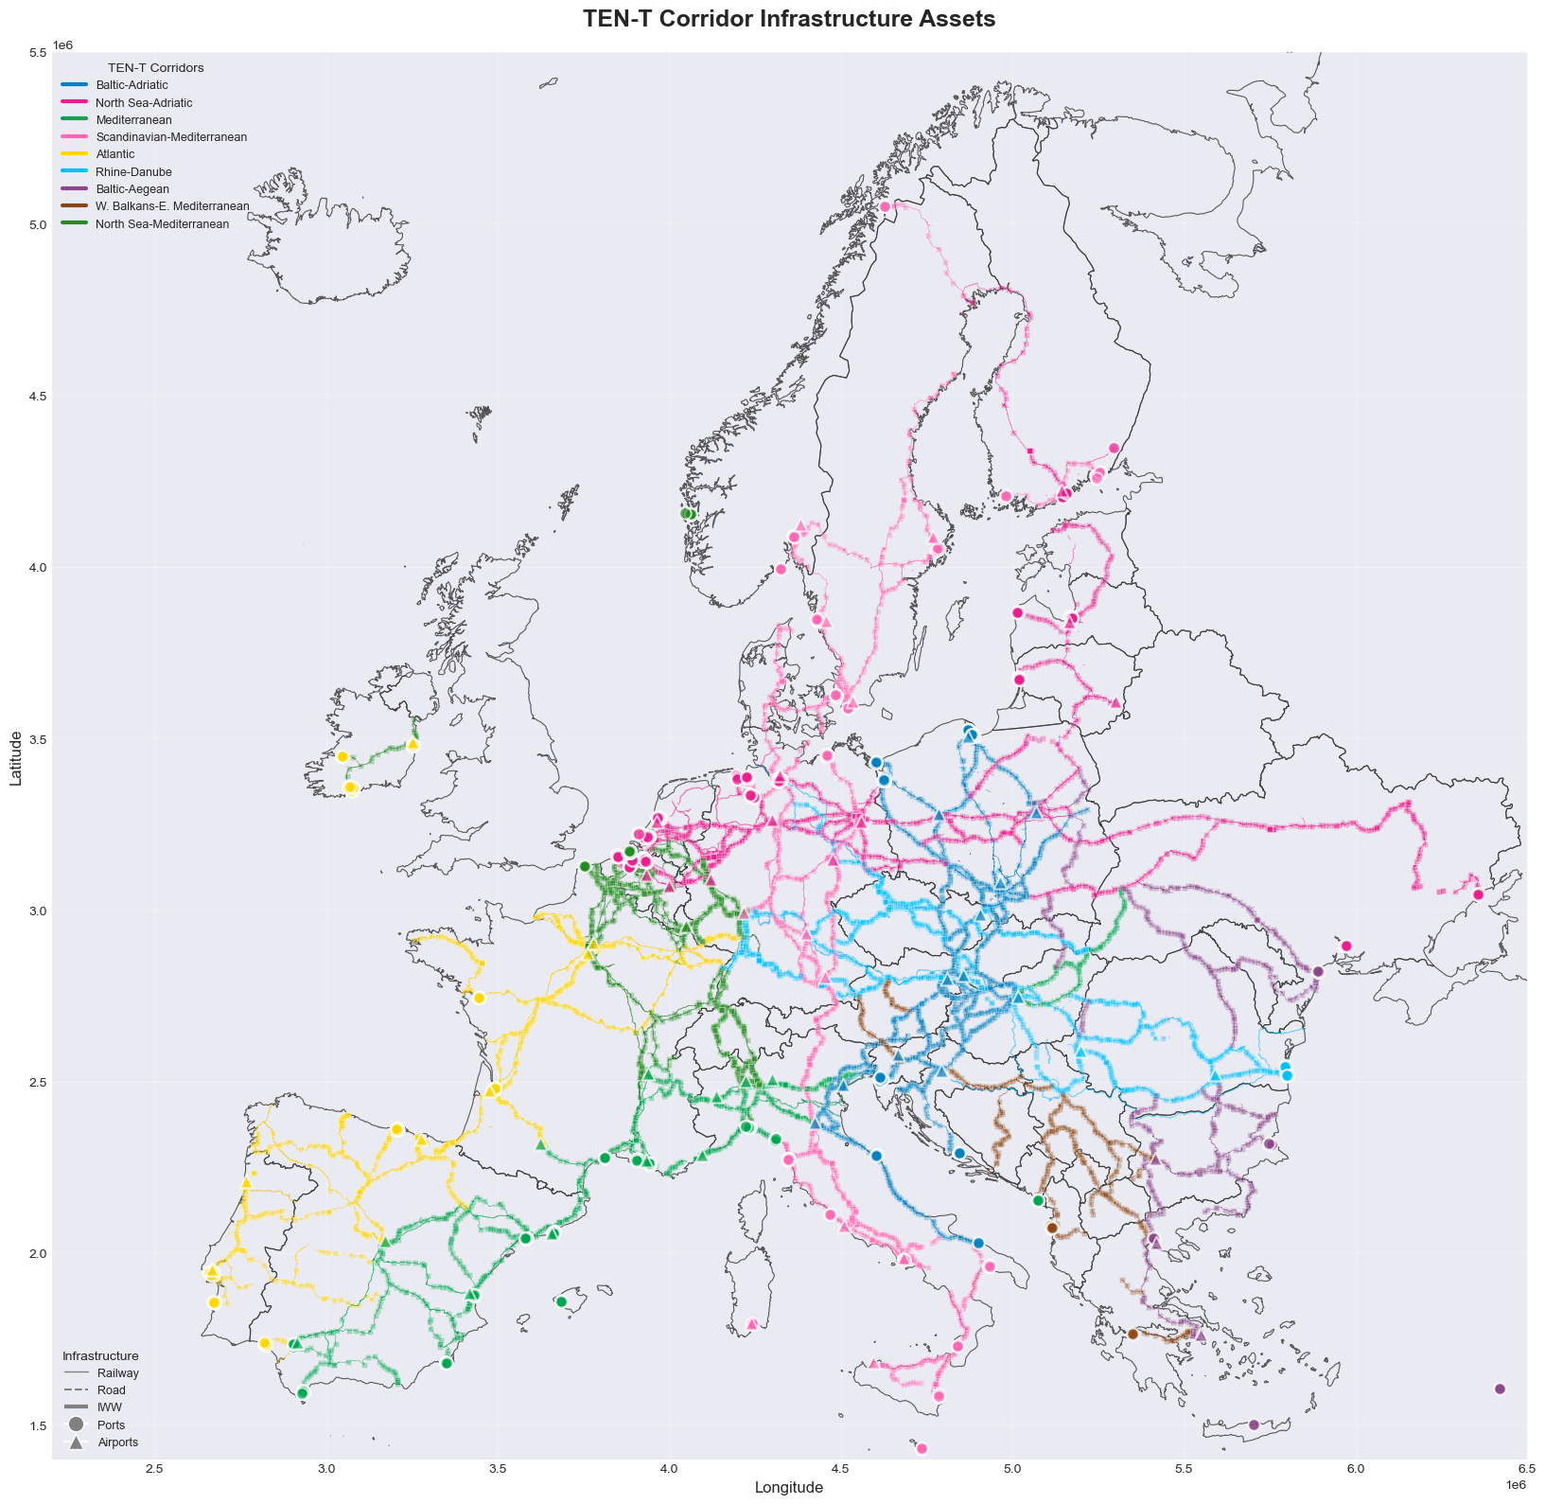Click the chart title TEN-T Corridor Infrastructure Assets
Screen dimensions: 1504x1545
tap(789, 19)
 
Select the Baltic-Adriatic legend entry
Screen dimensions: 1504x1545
tap(132, 85)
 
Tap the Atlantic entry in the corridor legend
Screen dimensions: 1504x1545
tap(115, 154)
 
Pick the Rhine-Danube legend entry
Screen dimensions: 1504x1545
tap(133, 172)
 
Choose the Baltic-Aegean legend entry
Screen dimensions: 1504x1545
tap(132, 189)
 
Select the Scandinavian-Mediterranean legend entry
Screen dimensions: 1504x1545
tap(171, 137)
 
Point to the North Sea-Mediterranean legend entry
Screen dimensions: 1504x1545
tap(162, 224)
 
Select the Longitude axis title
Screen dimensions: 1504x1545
tap(789, 1487)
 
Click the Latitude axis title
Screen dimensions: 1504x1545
tap(16, 757)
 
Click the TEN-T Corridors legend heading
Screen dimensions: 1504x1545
tap(156, 68)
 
